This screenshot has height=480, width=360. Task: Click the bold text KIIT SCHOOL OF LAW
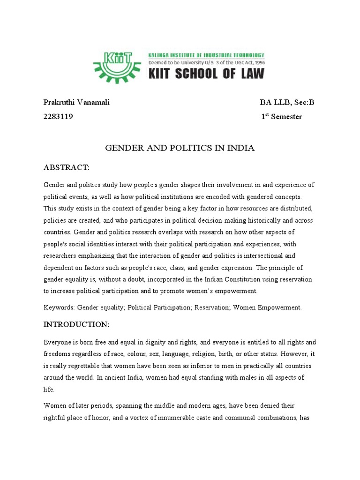pos(206,74)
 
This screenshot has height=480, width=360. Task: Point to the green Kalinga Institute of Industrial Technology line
pos(206,55)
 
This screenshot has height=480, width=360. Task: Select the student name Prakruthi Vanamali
pos(76,103)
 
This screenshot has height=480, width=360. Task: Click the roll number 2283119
pos(58,117)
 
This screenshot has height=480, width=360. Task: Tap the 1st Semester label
pos(281,117)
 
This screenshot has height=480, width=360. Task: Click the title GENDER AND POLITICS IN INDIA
pos(180,148)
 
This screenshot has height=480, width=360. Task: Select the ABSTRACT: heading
pos(66,167)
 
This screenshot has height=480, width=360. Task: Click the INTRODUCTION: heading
pos(76,324)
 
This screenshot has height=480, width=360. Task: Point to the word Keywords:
pos(59,307)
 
